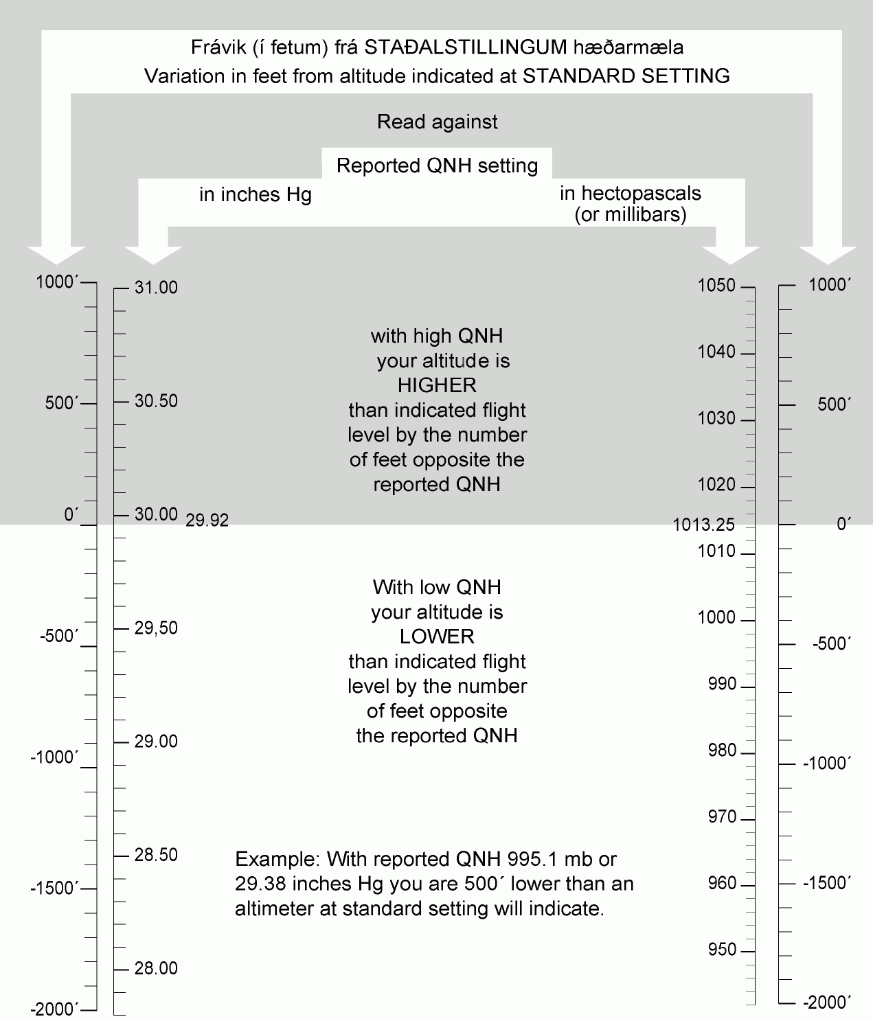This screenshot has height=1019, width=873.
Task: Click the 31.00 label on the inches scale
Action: pyautogui.click(x=156, y=288)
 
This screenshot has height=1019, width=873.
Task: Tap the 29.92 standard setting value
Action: pyautogui.click(x=207, y=520)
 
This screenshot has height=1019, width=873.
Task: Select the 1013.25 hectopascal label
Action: pyautogui.click(x=703, y=525)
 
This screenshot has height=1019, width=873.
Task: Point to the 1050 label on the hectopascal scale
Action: pyautogui.click(x=716, y=286)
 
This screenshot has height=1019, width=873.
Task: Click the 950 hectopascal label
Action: pyautogui.click(x=722, y=950)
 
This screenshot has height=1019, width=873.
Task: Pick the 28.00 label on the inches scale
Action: pyautogui.click(x=156, y=968)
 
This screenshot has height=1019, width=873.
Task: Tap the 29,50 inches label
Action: pyautogui.click(x=156, y=628)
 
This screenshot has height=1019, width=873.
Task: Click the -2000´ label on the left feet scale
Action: pyautogui.click(x=54, y=1009)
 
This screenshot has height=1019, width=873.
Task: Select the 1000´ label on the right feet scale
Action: pyautogui.click(x=830, y=286)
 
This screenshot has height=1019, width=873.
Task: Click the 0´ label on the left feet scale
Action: pyautogui.click(x=71, y=514)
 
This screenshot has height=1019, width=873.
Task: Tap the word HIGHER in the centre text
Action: pyautogui.click(x=437, y=385)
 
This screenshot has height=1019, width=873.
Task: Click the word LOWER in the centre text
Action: pyautogui.click(x=437, y=637)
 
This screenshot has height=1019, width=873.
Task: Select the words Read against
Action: pyautogui.click(x=437, y=122)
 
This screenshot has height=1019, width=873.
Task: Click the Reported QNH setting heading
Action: pyautogui.click(x=437, y=166)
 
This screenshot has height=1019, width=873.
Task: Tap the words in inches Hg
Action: pyautogui.click(x=255, y=195)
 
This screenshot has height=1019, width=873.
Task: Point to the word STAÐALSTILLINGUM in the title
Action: pyautogui.click(x=466, y=47)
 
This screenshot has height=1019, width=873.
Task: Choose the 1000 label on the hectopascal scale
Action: pyautogui.click(x=716, y=617)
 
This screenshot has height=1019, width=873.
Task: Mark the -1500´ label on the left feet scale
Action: pyautogui.click(x=54, y=888)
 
